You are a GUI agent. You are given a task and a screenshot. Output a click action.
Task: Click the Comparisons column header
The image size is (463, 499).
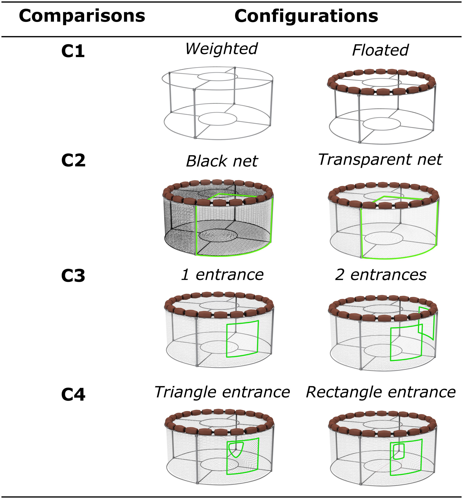point(82,16)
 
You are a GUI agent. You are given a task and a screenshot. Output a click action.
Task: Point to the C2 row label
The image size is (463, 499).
point(73,160)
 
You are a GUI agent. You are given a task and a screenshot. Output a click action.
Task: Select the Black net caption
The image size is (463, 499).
point(222,161)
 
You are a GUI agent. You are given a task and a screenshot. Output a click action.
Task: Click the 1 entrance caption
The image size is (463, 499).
point(222,275)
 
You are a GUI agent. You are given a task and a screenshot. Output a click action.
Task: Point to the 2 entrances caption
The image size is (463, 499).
point(381,275)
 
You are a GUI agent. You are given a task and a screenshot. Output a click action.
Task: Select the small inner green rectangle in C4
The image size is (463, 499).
point(399,451)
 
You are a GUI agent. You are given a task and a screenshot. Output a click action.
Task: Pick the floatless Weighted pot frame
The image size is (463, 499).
point(217,103)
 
